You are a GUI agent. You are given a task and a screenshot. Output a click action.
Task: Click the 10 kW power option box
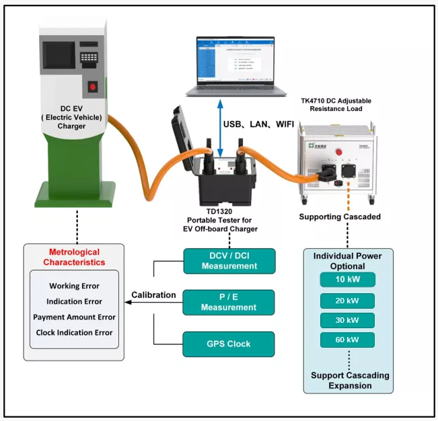348,280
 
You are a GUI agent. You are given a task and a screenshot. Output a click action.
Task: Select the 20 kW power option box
348,300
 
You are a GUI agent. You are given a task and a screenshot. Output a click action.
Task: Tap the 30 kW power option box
348,320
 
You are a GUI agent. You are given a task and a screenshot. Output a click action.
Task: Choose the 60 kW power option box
348,340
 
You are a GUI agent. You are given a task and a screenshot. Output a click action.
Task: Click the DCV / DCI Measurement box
229,260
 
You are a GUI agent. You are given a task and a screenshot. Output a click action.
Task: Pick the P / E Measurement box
229,302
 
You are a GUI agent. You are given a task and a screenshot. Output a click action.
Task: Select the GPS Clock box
229,344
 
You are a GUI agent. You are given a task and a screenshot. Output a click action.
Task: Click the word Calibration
153,295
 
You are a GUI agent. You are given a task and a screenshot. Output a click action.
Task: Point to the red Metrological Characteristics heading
74,257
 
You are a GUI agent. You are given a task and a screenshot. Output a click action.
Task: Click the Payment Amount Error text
74,317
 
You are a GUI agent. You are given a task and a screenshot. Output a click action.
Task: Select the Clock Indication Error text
74,332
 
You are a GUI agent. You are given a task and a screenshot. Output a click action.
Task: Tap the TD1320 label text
219,209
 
